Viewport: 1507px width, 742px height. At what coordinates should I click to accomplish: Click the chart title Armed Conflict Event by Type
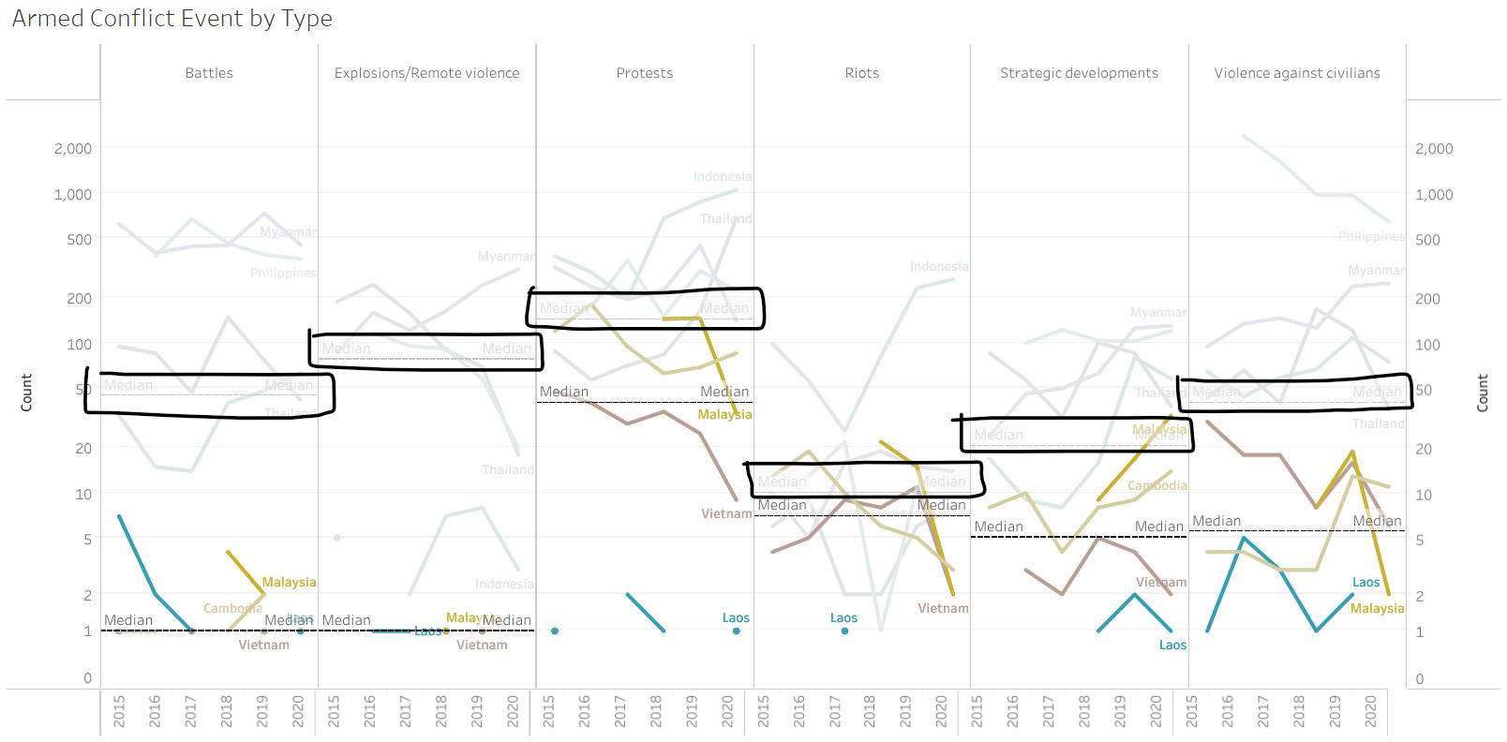coord(172,19)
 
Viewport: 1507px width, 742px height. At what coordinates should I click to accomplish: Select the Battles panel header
coord(209,73)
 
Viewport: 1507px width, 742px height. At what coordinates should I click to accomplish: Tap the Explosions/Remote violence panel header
coord(426,73)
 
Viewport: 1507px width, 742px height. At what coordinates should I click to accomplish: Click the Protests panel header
coord(645,73)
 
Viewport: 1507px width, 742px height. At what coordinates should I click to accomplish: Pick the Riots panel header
coord(862,73)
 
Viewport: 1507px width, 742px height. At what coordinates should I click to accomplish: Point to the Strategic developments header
coord(1079,73)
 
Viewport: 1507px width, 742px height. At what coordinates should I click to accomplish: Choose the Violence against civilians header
coord(1297,73)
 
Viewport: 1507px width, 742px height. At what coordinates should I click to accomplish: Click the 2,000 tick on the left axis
coord(73,149)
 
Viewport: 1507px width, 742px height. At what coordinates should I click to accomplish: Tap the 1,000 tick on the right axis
coord(1434,195)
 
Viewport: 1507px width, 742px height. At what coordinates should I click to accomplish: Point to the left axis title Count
coord(26,392)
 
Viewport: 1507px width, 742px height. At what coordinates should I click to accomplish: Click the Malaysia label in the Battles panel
coord(289,583)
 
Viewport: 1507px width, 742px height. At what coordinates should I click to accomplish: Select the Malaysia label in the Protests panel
coord(724,415)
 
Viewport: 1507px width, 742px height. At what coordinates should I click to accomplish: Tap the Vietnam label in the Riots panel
coord(943,609)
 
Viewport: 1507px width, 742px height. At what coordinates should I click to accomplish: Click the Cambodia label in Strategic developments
coord(1156,486)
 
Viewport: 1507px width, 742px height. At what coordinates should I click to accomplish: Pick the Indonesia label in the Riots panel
coord(939,267)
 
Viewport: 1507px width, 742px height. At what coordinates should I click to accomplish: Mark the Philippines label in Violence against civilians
coord(1371,237)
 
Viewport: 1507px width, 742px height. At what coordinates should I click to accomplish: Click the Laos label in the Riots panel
coord(843,618)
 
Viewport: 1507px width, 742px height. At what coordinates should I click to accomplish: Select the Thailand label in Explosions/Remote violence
coord(508,470)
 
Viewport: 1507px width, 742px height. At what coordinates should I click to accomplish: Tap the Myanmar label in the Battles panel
coord(288,232)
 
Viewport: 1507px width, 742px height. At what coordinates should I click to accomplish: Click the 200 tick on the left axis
coord(80,299)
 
